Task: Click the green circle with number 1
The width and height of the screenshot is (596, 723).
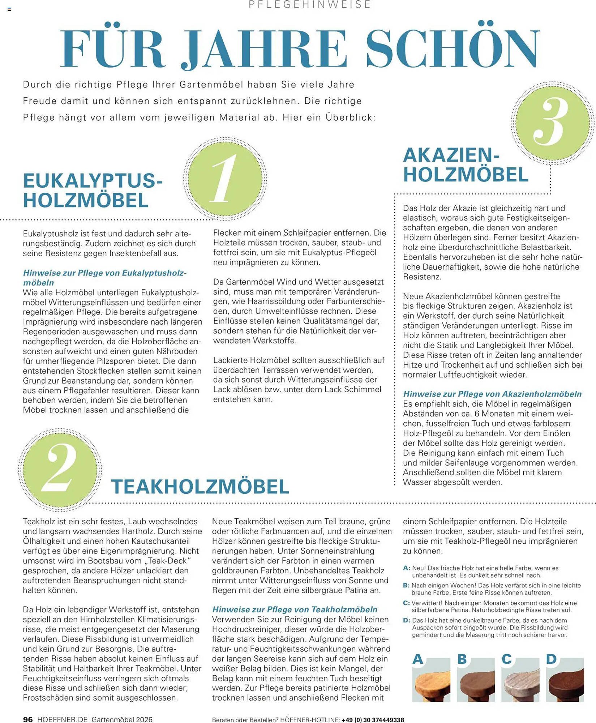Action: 225,179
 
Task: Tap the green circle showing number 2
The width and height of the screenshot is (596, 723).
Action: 60,470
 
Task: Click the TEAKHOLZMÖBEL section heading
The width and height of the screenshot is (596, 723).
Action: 200,487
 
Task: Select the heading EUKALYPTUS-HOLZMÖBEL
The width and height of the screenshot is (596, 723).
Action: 93,191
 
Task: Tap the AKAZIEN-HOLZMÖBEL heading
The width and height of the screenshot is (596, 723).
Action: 465,165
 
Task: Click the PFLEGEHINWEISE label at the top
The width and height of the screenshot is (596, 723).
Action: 310,5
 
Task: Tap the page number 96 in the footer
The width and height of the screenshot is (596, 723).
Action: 28,719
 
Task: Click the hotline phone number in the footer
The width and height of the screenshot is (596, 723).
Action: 373,720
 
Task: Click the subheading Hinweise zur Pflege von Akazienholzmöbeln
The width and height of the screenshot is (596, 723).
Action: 492,394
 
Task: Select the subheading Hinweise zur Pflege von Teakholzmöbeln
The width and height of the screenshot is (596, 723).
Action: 295,609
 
